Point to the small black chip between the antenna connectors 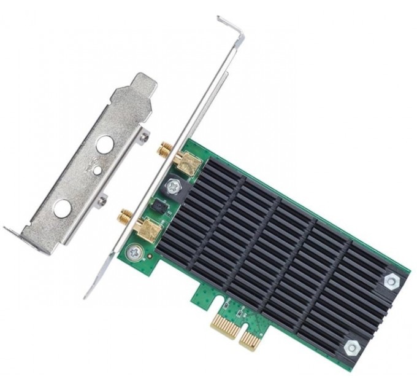(x=160, y=207)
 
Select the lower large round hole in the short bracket (x=61, y=208)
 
